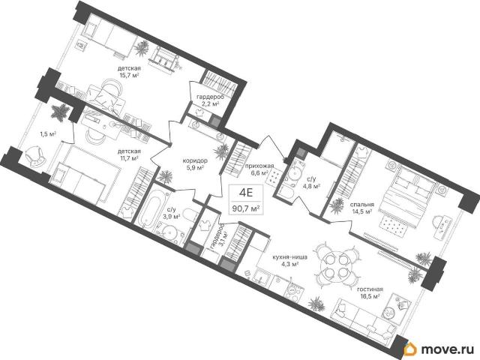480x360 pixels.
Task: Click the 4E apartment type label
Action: [246, 193]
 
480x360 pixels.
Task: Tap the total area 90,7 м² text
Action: [246, 208]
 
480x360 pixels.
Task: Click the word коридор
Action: [195, 160]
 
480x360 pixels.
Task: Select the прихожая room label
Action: [259, 166]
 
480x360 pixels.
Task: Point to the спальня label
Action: [362, 205]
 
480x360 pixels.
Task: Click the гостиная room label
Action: [370, 289]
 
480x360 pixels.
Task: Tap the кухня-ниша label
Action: [290, 257]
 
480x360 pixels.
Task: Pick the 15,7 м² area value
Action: [129, 74]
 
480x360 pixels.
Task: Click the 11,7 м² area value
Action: [129, 158]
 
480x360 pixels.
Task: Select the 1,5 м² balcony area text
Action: [48, 134]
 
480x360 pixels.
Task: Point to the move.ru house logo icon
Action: [410, 349]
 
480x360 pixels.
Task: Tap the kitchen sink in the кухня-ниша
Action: [261, 277]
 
